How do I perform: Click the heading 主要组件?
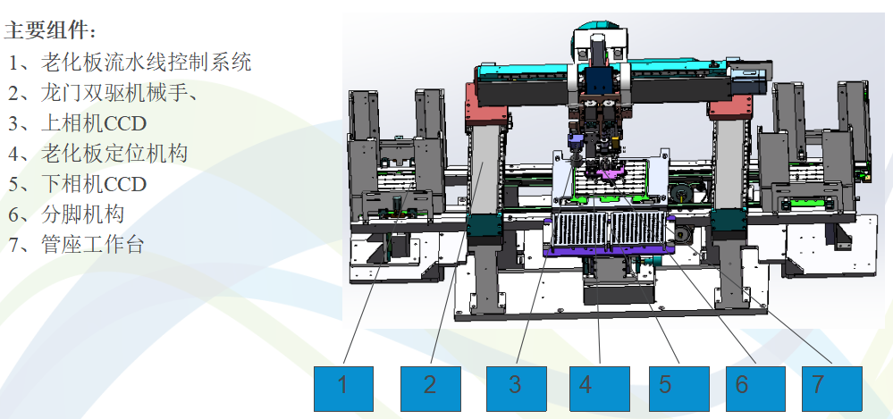pos(50,30)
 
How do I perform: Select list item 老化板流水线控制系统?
pos(131,62)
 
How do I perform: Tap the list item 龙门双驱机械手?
pos(103,93)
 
